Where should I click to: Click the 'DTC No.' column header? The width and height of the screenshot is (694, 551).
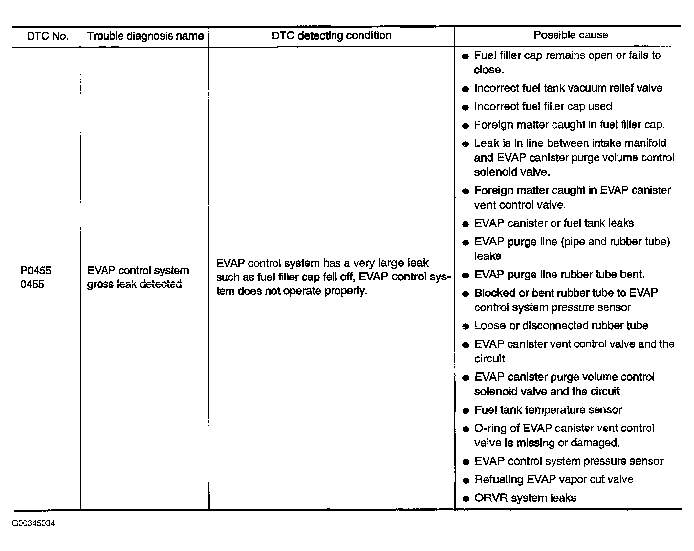pos(48,36)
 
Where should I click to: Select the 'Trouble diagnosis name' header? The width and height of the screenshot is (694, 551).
pos(145,36)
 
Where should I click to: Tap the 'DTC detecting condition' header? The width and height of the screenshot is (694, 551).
pos(332,35)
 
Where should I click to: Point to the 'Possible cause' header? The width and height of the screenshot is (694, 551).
pos(571,35)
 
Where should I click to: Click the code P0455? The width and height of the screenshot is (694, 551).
pos(36,271)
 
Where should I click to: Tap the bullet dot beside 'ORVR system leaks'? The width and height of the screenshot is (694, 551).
pos(465,499)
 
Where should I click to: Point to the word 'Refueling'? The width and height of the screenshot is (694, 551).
pos(499,480)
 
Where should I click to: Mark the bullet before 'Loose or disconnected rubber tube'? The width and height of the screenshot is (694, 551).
pos(465,327)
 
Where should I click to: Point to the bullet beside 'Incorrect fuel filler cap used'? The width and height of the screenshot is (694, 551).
pos(465,107)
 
